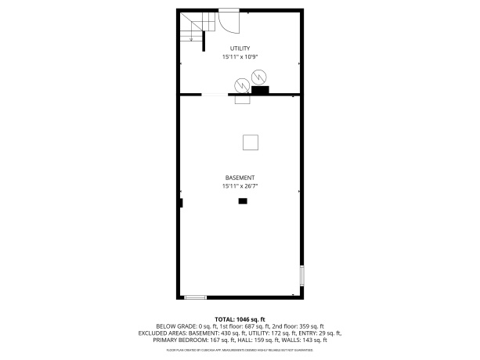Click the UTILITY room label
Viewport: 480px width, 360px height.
[240, 49]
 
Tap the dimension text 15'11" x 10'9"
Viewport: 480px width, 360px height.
[240, 57]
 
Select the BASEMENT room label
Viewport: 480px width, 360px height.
[240, 178]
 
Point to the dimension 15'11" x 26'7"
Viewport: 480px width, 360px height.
[240, 186]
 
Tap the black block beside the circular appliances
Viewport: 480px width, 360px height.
[260, 90]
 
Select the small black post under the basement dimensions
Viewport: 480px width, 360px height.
[243, 201]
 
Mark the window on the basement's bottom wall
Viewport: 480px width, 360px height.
[195, 297]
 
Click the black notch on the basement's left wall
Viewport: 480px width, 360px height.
[181, 203]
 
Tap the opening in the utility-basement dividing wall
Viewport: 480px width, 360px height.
[215, 95]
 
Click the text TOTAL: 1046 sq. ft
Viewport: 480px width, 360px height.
[240, 319]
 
